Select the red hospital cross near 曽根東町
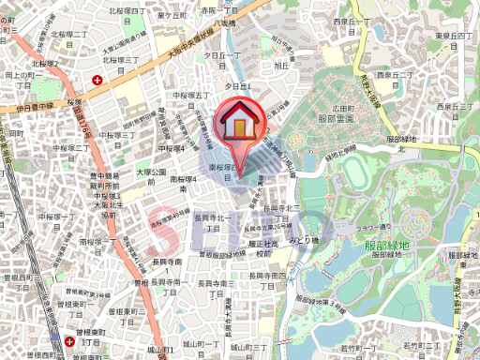71,342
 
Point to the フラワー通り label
372,227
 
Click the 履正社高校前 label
268,247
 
